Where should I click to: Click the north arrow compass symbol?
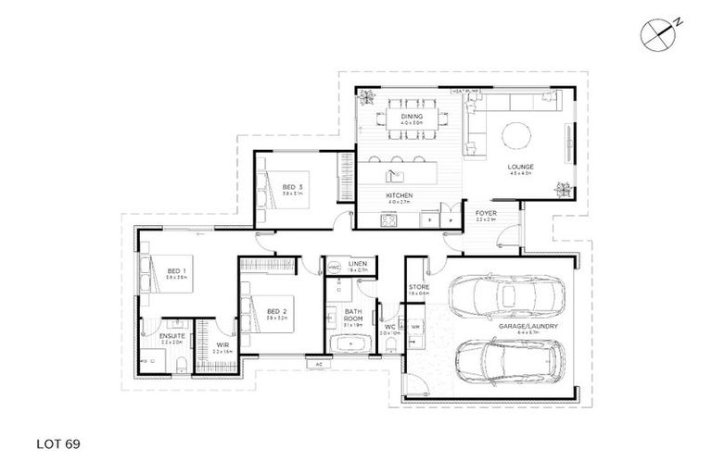[657, 31]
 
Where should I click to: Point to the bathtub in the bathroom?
[351, 346]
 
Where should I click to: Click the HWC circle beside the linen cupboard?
[334, 268]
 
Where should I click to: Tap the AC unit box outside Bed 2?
[318, 365]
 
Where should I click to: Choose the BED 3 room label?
[293, 188]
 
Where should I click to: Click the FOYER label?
[486, 214]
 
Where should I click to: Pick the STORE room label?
[419, 288]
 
